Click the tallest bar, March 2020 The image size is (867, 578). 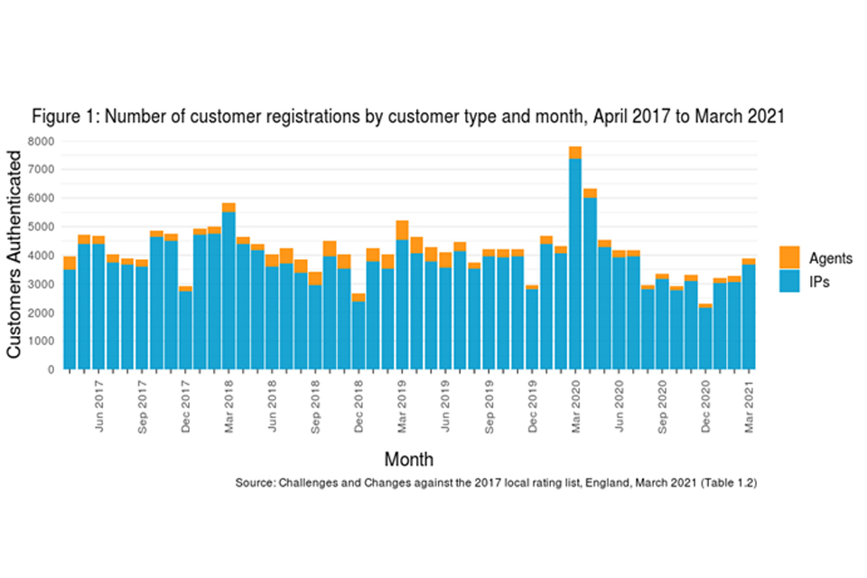(575, 262)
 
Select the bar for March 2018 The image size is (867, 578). (228, 289)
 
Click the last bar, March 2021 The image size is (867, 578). (749, 316)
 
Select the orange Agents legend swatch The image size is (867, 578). (788, 257)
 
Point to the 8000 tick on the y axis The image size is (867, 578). (42, 142)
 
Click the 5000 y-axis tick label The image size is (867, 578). (42, 227)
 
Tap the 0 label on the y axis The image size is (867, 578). (52, 369)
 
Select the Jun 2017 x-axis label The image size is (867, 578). (99, 410)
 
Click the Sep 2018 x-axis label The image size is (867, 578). (316, 410)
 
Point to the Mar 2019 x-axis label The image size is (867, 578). (403, 410)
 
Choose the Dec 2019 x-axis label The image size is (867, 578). (533, 410)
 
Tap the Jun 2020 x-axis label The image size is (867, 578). (620, 410)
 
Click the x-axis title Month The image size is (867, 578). (408, 459)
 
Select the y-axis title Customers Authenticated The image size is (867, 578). (15, 255)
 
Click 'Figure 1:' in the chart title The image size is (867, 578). (61, 118)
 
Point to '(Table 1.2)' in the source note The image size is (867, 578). (725, 483)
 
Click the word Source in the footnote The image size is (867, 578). (254, 483)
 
